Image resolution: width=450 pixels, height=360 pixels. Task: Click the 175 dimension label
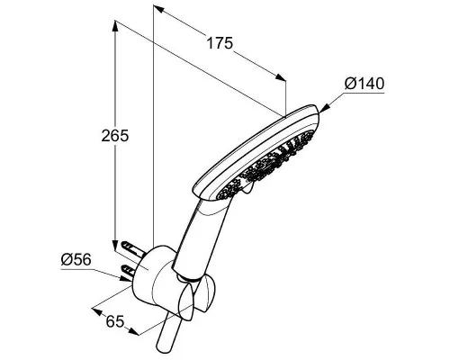click(x=220, y=43)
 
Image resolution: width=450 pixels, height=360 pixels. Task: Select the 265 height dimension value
click(x=115, y=135)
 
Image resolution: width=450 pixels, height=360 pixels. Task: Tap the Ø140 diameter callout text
click(x=364, y=84)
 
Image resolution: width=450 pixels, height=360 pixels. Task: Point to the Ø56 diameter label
click(x=76, y=259)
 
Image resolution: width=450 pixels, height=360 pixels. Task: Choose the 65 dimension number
click(x=115, y=322)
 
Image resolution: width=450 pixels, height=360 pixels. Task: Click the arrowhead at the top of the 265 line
click(x=115, y=25)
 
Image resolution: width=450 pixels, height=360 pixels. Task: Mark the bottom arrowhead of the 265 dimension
click(x=115, y=246)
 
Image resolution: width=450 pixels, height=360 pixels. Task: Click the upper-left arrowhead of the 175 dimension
click(x=158, y=9)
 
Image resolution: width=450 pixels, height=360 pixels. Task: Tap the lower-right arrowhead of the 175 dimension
click(x=281, y=77)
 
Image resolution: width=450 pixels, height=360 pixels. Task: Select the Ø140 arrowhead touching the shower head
click(x=324, y=108)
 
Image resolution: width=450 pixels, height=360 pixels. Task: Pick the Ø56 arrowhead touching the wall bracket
click(x=125, y=278)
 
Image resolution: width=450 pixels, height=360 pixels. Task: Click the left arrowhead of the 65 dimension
click(x=98, y=310)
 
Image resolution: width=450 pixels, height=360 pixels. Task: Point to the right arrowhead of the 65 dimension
click(x=134, y=331)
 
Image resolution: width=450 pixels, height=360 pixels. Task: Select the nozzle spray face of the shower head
click(x=267, y=165)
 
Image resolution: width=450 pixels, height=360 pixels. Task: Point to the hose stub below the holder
click(x=168, y=333)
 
